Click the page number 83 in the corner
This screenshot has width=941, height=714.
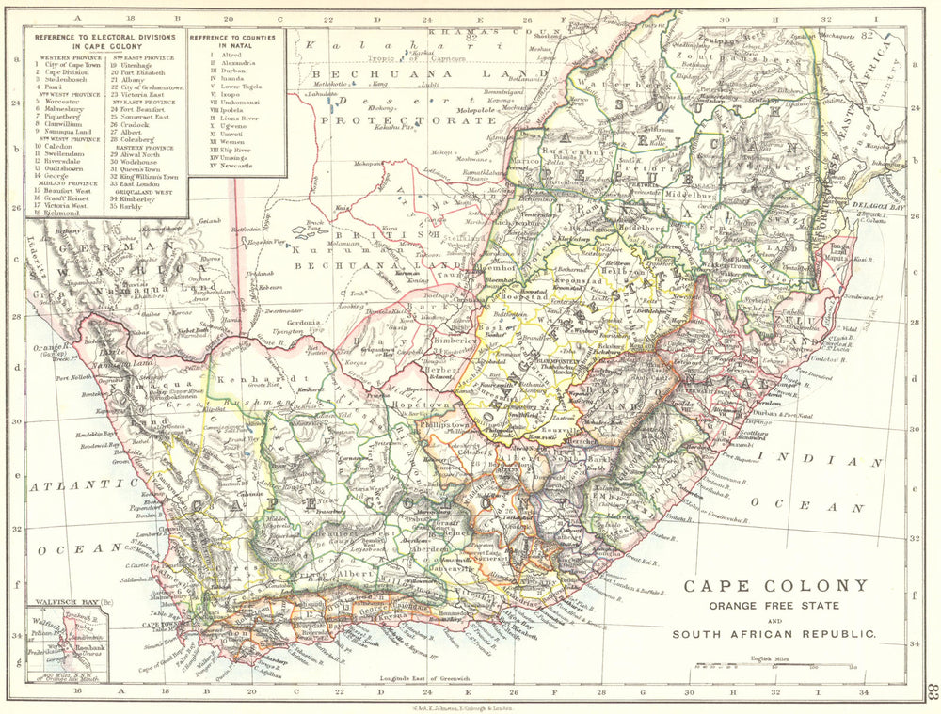(931, 691)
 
